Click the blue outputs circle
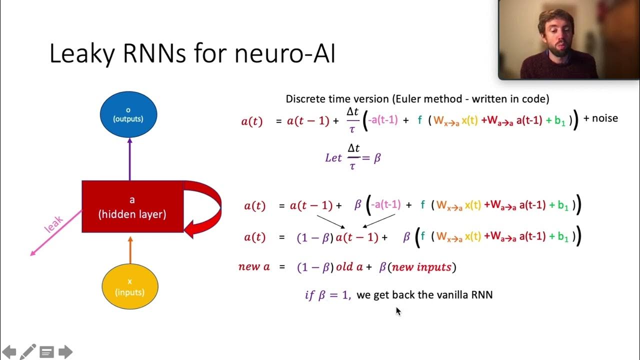click(x=128, y=114)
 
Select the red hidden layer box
click(x=132, y=206)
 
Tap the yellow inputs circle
click(x=130, y=286)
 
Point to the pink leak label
click(x=54, y=223)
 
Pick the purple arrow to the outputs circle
click(x=129, y=159)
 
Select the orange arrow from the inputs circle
click(x=130, y=249)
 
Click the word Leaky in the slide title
click(x=80, y=53)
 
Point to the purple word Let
click(x=333, y=158)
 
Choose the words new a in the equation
click(x=254, y=266)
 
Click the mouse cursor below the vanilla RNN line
click(x=398, y=310)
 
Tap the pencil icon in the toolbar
click(x=27, y=351)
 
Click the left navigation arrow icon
click(x=9, y=351)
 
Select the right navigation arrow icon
click(x=65, y=351)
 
